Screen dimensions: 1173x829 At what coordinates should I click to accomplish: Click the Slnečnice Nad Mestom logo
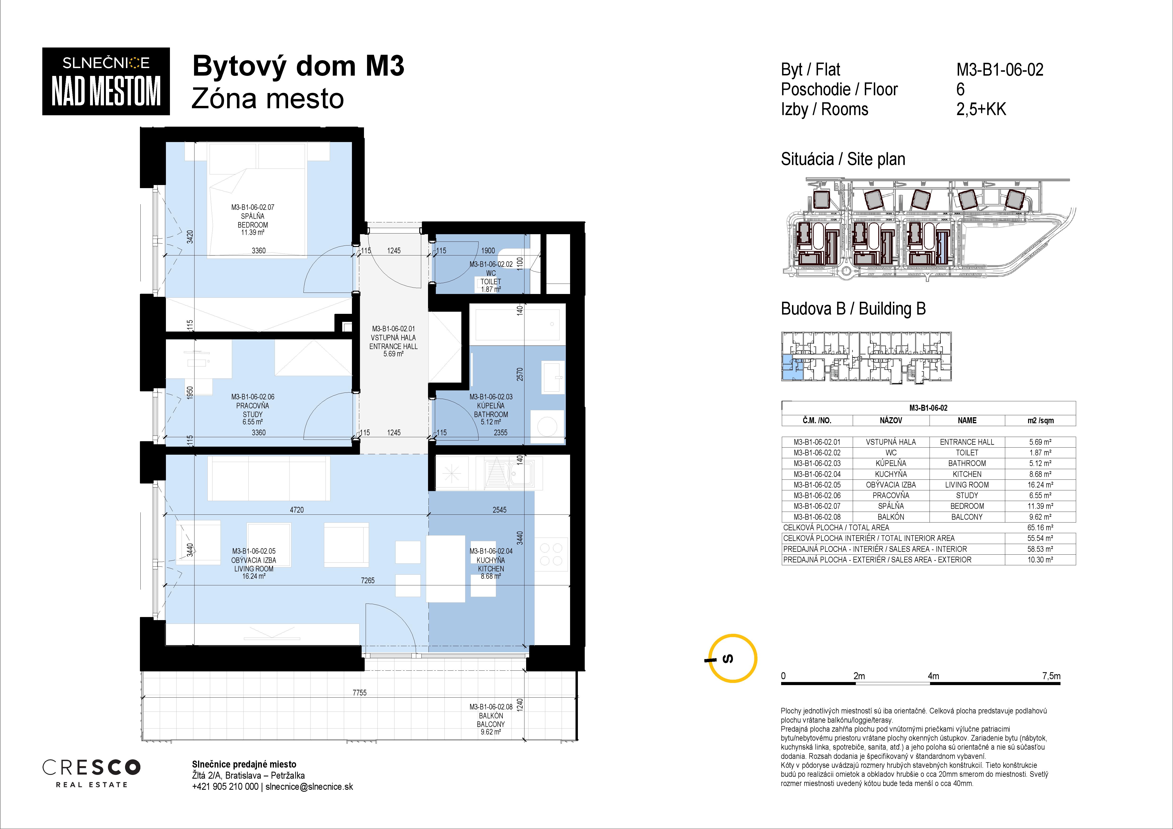tap(106, 81)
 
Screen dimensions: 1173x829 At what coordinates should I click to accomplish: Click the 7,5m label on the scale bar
tap(1051, 676)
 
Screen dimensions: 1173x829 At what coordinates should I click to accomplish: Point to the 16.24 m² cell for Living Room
tap(1040, 485)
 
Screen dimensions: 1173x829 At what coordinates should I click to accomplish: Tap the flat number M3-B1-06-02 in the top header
tap(1000, 69)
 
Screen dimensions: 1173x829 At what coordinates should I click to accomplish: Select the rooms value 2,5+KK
tap(981, 109)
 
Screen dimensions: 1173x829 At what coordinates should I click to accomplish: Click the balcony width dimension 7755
tap(360, 693)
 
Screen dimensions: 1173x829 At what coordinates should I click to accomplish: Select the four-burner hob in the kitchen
tap(551, 554)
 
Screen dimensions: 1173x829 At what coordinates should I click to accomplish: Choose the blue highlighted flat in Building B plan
tap(791, 368)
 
